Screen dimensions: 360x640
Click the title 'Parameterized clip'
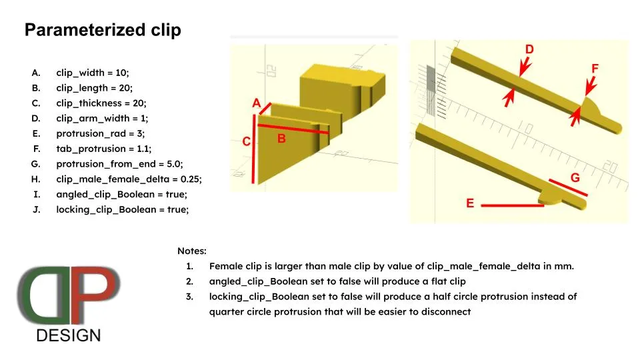[x=103, y=31]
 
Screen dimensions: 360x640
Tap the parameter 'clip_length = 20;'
[x=94, y=88]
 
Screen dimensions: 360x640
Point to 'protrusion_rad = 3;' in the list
[x=101, y=133]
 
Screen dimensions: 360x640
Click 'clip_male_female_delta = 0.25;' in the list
[x=129, y=179]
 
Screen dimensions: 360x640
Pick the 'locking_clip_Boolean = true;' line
[x=123, y=210]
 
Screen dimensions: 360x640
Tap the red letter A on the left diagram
[x=256, y=103]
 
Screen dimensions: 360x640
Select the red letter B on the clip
[x=281, y=139]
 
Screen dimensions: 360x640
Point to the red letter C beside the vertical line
[x=246, y=141]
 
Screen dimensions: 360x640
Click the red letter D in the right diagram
[x=529, y=49]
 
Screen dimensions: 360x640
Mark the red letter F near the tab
[x=595, y=69]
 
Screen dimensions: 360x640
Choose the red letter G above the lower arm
[x=575, y=178]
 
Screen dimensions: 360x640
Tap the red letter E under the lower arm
[x=470, y=203]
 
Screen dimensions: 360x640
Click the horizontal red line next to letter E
[x=512, y=206]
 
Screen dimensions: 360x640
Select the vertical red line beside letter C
[x=254, y=148]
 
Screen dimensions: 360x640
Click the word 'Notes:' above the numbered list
[x=192, y=251]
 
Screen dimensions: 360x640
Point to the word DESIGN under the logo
[x=69, y=335]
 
